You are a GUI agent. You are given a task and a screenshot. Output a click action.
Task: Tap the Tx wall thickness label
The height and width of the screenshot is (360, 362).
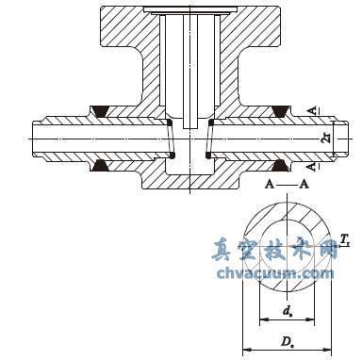point(345,240)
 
